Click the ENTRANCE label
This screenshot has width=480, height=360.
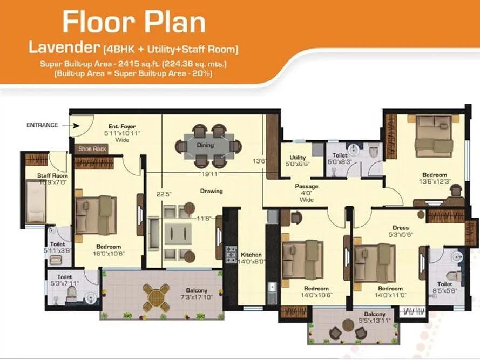[42, 125]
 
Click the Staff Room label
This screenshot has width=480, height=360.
[52, 175]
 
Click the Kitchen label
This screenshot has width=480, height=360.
[251, 254]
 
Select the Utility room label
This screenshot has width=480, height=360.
[298, 158]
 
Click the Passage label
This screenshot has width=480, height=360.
[306, 186]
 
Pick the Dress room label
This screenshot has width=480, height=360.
[401, 228]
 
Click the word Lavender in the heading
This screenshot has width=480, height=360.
[63, 49]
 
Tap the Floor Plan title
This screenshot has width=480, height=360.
[133, 23]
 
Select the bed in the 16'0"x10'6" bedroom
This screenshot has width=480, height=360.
[96, 213]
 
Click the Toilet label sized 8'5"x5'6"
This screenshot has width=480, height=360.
[445, 284]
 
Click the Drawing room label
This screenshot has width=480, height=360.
[211, 191]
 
